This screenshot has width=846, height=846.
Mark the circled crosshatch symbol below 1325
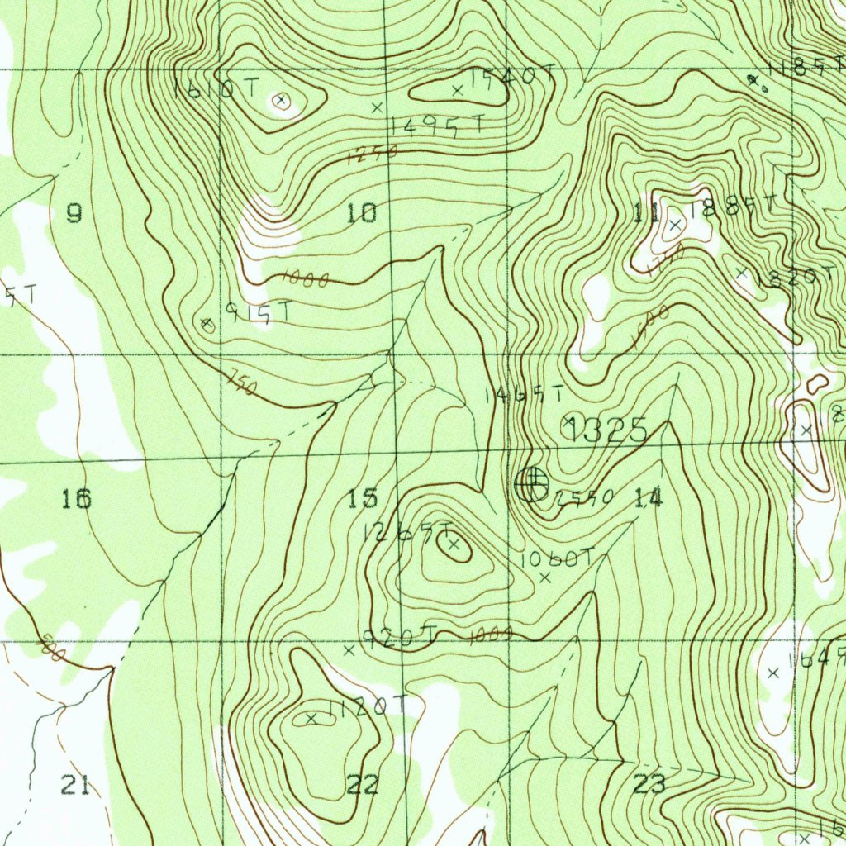[530, 484]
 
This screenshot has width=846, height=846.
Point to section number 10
[362, 214]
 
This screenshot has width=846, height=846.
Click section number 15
[362, 498]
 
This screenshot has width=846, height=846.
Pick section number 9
[74, 214]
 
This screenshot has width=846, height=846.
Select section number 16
[76, 498]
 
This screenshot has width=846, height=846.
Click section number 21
[75, 785]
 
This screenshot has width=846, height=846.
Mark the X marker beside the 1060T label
[544, 578]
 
